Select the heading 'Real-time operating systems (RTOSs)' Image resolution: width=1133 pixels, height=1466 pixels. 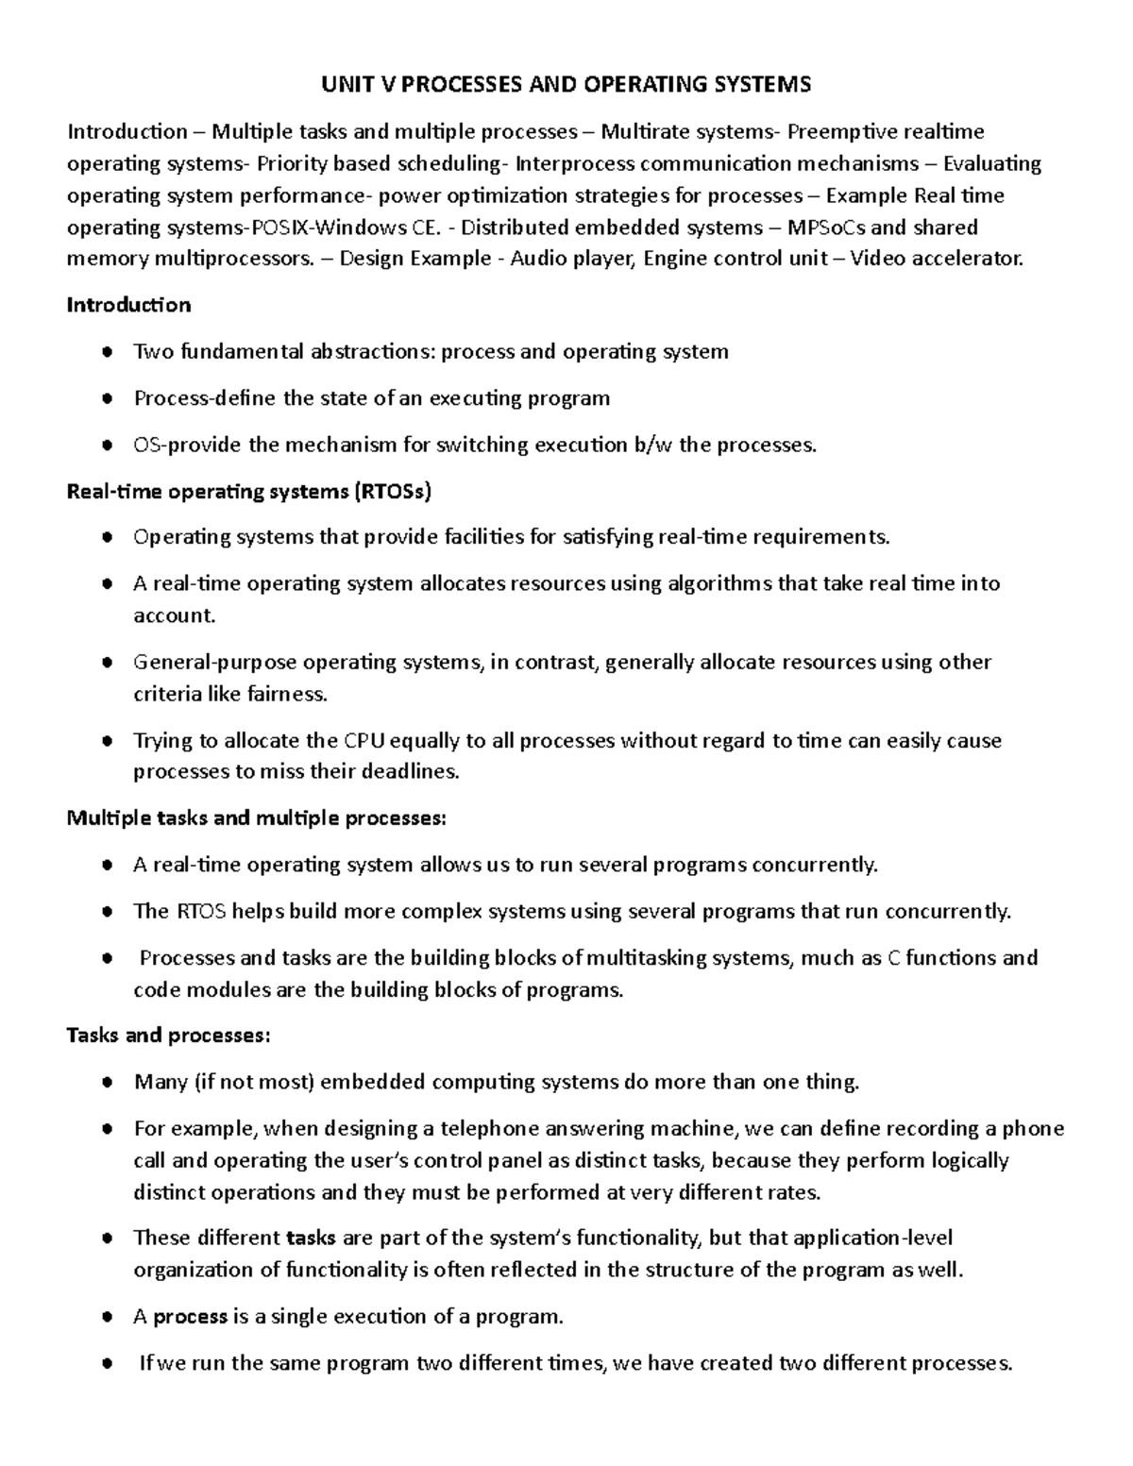point(249,491)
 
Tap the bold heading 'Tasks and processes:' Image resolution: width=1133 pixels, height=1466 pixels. point(168,1036)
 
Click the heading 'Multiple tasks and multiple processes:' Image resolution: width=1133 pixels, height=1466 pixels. point(256,817)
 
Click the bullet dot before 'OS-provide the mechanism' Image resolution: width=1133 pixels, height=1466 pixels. point(110,446)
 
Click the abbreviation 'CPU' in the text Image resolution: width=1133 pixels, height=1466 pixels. point(364,741)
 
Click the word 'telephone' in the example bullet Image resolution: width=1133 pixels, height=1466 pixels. point(465,1129)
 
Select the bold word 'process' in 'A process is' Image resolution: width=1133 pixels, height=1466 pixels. point(191,1317)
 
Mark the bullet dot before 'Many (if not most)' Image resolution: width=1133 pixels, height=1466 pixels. point(110,1083)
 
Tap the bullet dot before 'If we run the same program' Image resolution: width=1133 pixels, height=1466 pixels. point(110,1364)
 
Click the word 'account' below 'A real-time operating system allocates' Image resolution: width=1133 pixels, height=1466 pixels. point(174,615)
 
